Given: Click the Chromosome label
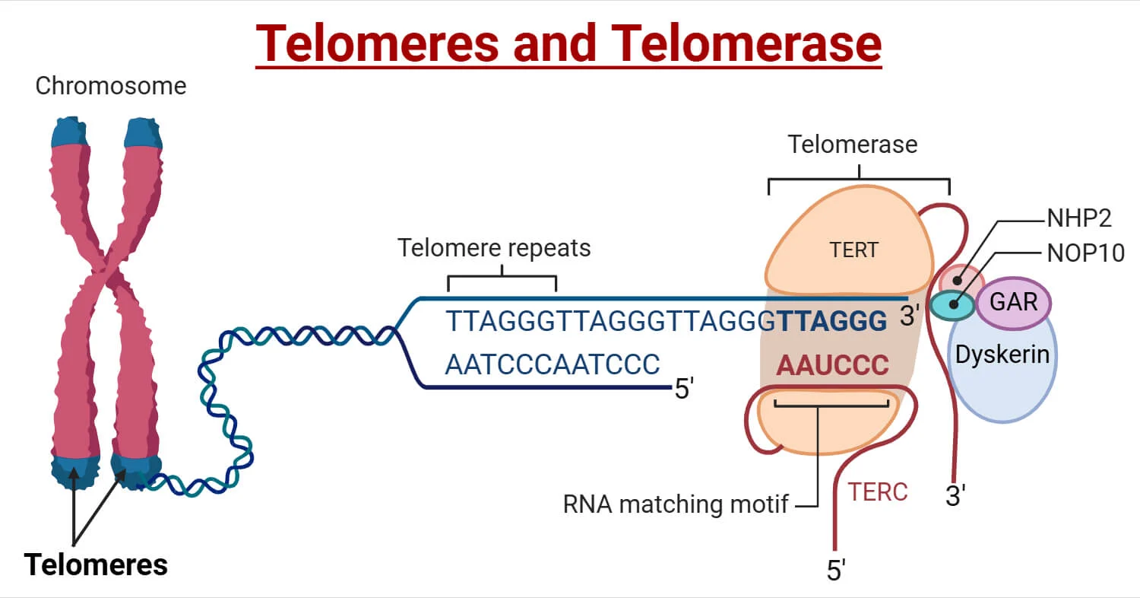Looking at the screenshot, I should click(111, 86).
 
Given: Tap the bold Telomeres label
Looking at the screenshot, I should click(96, 565).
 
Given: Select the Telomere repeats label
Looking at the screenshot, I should click(495, 248).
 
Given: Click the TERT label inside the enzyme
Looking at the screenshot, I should click(853, 250).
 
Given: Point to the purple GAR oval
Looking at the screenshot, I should click(1014, 302).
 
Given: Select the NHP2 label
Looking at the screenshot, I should click(1079, 218).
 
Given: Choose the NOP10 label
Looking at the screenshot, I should click(1085, 253).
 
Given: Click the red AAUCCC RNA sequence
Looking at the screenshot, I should click(832, 365).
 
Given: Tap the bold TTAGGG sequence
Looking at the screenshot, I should click(832, 322).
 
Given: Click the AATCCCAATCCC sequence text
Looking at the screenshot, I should click(553, 364).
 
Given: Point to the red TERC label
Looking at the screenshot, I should click(878, 491).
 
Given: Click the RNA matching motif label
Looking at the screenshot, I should click(676, 504).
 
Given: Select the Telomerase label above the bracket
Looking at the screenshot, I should click(853, 144).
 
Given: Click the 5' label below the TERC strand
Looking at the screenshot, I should click(836, 570).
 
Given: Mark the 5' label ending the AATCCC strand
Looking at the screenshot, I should click(684, 389).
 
